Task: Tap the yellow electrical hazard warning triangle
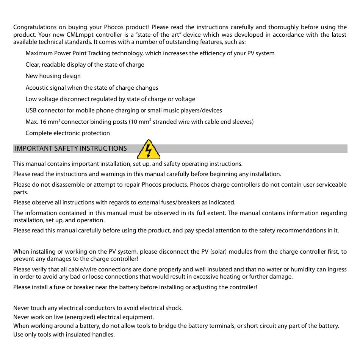click(x=149, y=149)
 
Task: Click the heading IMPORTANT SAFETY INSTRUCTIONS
click(x=71, y=148)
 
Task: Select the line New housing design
click(x=53, y=76)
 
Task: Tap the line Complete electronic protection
click(x=67, y=133)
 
